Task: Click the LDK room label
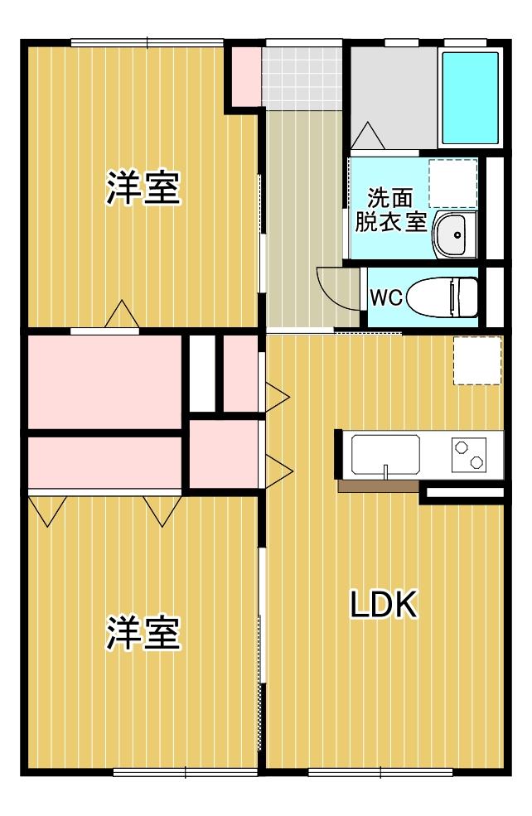(383, 606)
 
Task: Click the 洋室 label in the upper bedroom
(143, 189)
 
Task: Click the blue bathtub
(470, 98)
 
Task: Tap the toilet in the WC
(444, 297)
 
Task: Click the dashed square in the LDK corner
(477, 360)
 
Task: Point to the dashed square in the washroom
(453, 183)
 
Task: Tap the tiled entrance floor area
(302, 74)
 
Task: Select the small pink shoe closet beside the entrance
(244, 77)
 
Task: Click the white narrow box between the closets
(201, 373)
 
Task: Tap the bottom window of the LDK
(380, 772)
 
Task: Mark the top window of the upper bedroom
(148, 42)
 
